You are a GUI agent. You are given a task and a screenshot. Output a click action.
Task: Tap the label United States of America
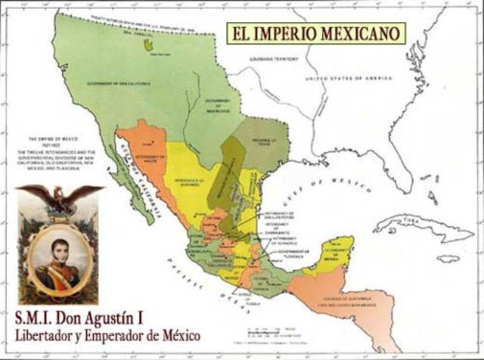point(349,79)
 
